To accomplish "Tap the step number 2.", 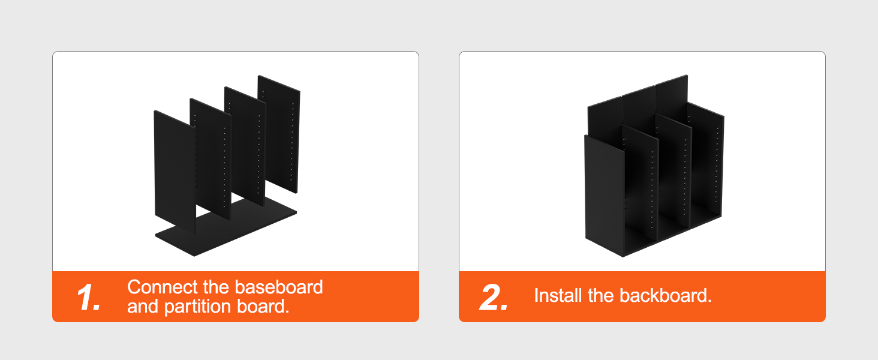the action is [494, 297].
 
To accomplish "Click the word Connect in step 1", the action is [163, 287].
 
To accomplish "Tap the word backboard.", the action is [666, 296].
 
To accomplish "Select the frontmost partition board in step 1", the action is [175, 173].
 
